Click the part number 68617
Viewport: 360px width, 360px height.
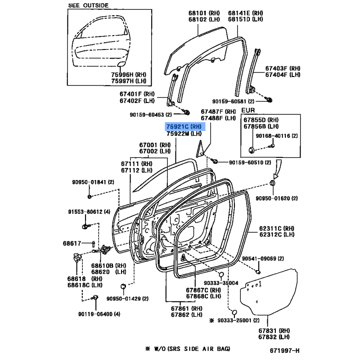tap(72, 243)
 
